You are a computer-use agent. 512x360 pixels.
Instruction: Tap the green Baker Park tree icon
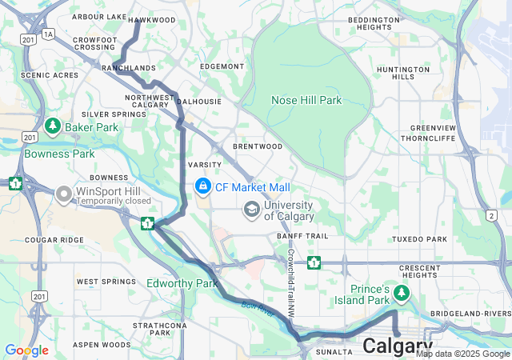click(53, 126)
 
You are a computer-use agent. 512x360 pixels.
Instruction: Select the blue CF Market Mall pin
click(202, 186)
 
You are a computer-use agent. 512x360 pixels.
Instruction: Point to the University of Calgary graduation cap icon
click(252, 210)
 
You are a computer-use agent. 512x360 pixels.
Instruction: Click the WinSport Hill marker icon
click(64, 194)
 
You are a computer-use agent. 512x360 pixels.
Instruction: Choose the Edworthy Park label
click(182, 283)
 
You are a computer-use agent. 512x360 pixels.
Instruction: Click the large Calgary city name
click(398, 346)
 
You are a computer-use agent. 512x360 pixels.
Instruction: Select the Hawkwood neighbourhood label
click(151, 19)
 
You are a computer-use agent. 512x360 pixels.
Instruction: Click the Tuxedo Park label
click(419, 239)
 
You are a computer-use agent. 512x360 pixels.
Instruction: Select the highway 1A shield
click(49, 34)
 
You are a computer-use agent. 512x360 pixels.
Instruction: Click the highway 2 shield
click(490, 215)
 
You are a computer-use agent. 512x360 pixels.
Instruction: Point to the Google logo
click(26, 350)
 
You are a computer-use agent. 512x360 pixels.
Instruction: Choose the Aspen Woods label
click(102, 345)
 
